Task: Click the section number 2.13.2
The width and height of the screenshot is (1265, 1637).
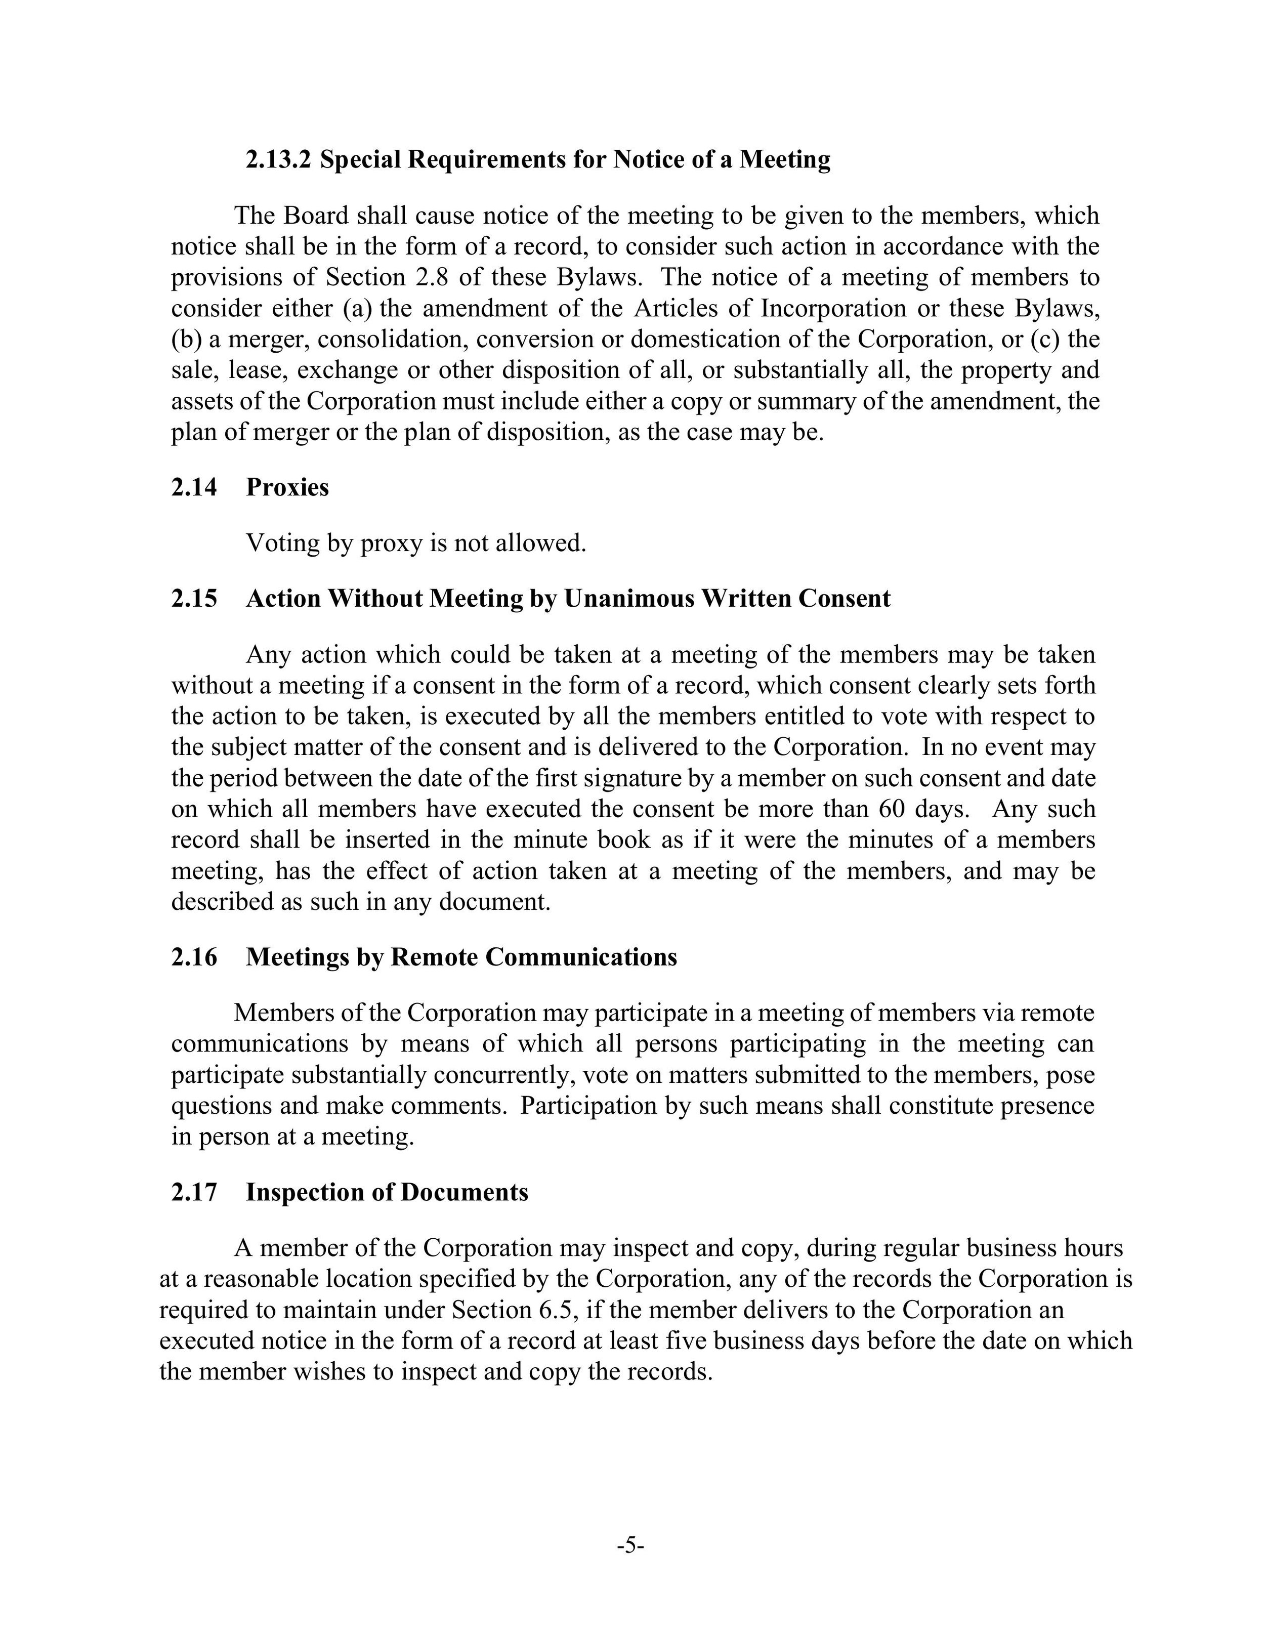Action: coord(277,160)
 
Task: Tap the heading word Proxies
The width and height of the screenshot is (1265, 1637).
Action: coord(287,487)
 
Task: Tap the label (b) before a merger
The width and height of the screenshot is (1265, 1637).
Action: coord(186,340)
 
